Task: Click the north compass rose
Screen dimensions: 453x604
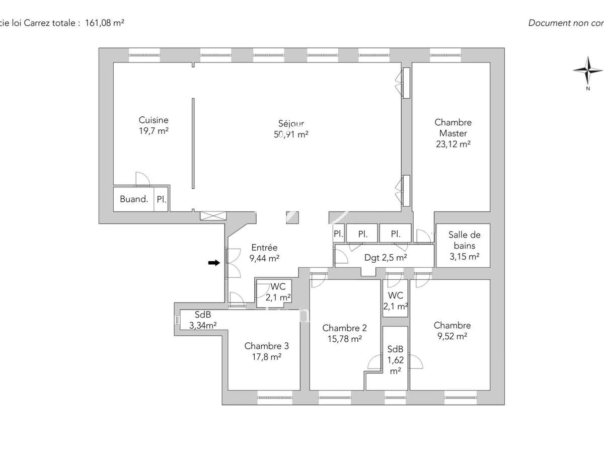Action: (587, 70)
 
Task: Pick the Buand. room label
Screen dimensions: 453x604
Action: (134, 199)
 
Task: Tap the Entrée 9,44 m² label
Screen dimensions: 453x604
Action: (264, 253)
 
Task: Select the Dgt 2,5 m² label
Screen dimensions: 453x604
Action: (386, 258)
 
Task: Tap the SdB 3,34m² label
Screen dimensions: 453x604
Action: (202, 320)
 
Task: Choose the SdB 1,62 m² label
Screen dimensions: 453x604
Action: (395, 360)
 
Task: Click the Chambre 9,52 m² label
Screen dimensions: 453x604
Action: (452, 331)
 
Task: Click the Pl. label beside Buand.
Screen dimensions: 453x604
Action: (161, 199)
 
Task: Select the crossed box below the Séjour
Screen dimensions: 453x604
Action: (214, 215)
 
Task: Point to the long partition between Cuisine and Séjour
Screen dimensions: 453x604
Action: (193, 143)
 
